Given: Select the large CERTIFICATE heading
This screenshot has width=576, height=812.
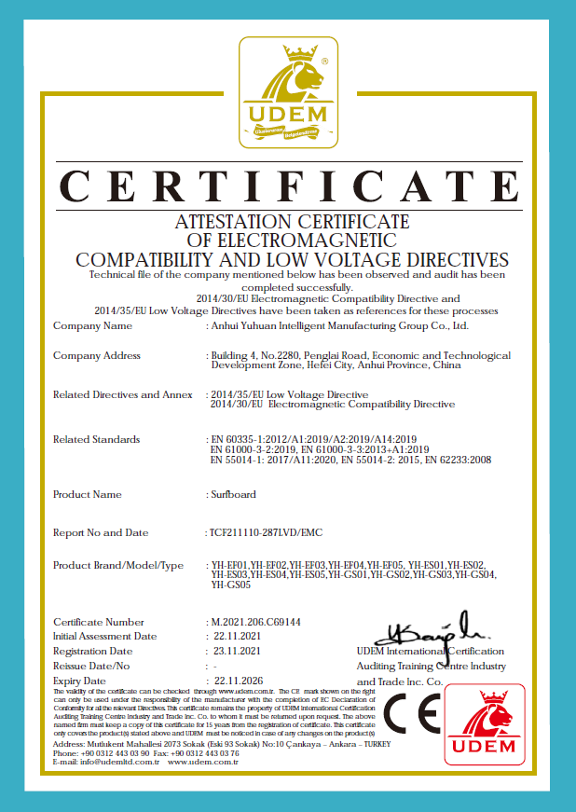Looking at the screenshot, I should pyautogui.click(x=287, y=186).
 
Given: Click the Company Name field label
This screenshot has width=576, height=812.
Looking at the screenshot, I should pyautogui.click(x=93, y=326).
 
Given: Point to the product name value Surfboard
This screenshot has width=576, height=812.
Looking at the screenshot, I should pyautogui.click(x=232, y=494).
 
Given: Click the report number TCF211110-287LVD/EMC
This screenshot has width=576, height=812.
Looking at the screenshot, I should pyautogui.click(x=267, y=532).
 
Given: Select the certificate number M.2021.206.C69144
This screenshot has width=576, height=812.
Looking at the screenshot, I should pyautogui.click(x=265, y=622).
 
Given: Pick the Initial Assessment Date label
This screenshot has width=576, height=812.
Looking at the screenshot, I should pyautogui.click(x=104, y=636).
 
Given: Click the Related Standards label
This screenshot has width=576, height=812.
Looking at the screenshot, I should pyautogui.click(x=97, y=439).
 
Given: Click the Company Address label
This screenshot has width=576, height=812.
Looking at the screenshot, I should pyautogui.click(x=97, y=356).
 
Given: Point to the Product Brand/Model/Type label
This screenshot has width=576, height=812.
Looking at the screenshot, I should pyautogui.click(x=118, y=566).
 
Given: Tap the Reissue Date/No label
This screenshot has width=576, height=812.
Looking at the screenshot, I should pyautogui.click(x=91, y=667).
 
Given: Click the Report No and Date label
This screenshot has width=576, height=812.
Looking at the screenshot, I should pyautogui.click(x=101, y=532).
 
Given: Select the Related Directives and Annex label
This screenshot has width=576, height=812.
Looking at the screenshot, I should pyautogui.click(x=123, y=394).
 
